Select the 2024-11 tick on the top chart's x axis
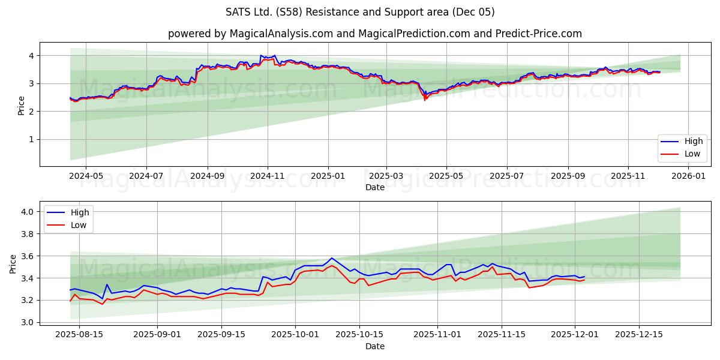[267, 176]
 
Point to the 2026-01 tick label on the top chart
[688, 176]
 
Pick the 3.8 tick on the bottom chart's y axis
[27, 234]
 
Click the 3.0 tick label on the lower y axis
[27, 322]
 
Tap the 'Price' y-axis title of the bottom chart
[13, 263]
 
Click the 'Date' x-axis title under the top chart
[374, 187]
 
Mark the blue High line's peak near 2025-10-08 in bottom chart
[331, 258]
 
